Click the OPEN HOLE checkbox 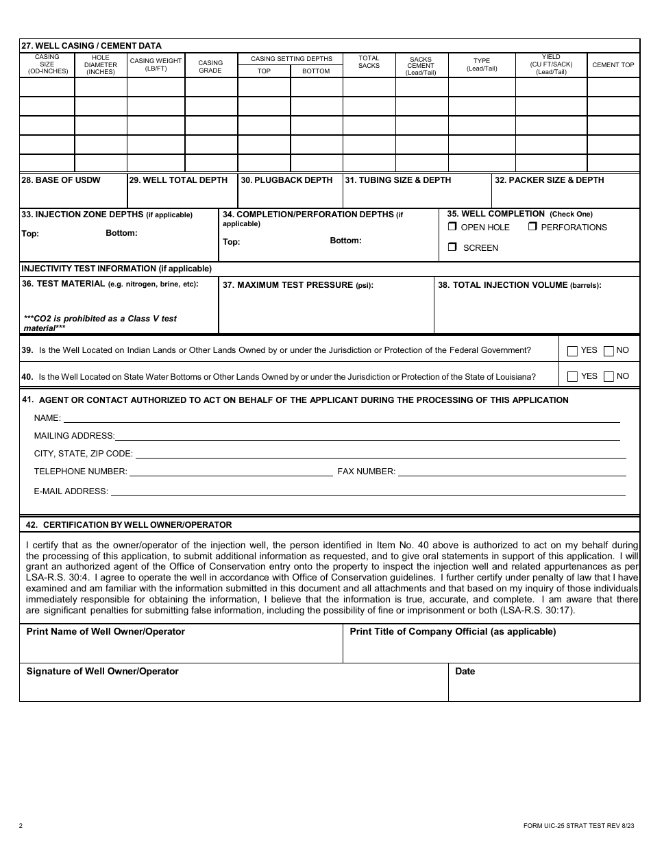(452, 227)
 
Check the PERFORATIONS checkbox (532, 227)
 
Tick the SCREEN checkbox (452, 247)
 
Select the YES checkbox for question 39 (573, 351)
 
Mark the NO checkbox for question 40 (609, 377)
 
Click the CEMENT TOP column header (613, 65)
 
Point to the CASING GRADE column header (210, 66)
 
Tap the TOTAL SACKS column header (369, 62)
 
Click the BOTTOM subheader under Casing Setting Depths (316, 71)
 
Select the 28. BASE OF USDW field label (61, 180)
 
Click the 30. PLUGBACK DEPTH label (286, 180)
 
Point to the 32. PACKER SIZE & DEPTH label (550, 180)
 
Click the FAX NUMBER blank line (512, 471)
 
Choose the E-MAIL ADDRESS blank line (368, 491)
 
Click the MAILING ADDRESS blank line (367, 435)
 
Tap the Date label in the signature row (465, 672)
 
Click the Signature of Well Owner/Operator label (102, 672)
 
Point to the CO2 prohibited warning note (100, 323)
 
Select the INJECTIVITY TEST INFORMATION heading (116, 269)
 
